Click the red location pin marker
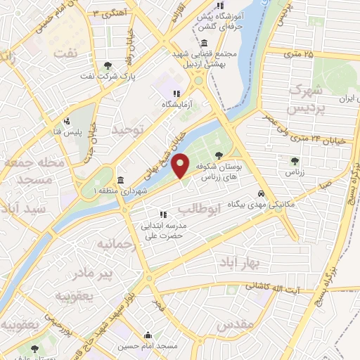[181, 165]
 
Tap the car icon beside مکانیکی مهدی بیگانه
[261, 193]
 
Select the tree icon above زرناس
[295, 161]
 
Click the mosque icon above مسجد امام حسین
[148, 335]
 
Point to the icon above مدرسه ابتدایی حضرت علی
[162, 214]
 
